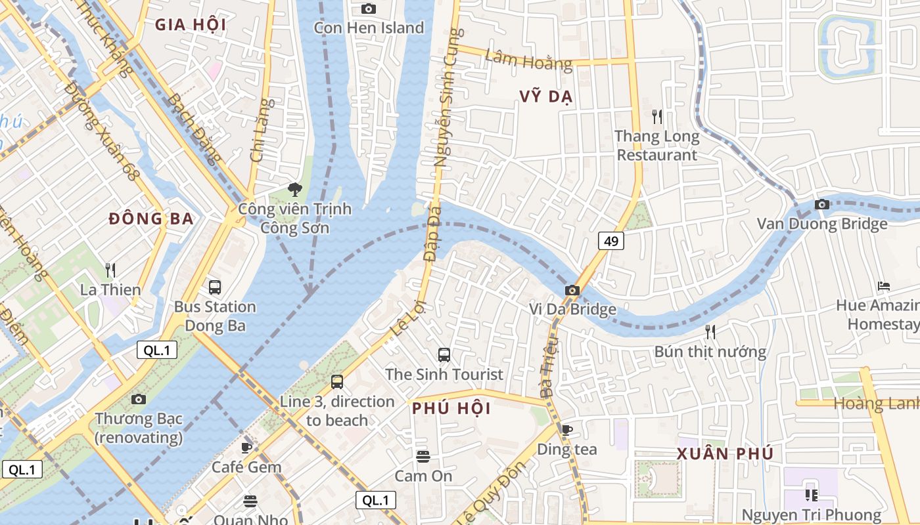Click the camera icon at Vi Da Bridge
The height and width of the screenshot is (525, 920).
click(572, 290)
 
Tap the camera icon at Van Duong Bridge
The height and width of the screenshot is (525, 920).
click(821, 205)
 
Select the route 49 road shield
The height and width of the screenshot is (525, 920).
click(610, 241)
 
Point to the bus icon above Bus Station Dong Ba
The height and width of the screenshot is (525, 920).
click(215, 287)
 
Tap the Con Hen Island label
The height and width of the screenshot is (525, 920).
click(369, 28)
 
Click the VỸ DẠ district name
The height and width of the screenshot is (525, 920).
click(545, 96)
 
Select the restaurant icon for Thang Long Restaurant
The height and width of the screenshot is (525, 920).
click(656, 117)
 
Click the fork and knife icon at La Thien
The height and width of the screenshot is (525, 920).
click(110, 270)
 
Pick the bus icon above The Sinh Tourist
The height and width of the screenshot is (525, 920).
click(444, 355)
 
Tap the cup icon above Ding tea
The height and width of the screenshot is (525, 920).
click(566, 430)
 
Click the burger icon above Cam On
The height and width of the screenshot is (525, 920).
click(423, 456)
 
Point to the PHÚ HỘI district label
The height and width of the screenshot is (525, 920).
click(451, 408)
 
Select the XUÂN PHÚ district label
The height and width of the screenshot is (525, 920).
click(725, 453)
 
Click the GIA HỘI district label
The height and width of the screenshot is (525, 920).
click(191, 26)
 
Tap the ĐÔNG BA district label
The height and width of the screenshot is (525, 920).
click(151, 219)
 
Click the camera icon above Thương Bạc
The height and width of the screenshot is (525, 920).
click(138, 399)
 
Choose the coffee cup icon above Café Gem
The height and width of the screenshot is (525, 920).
click(246, 448)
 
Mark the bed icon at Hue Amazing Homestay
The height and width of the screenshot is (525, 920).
click(884, 286)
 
